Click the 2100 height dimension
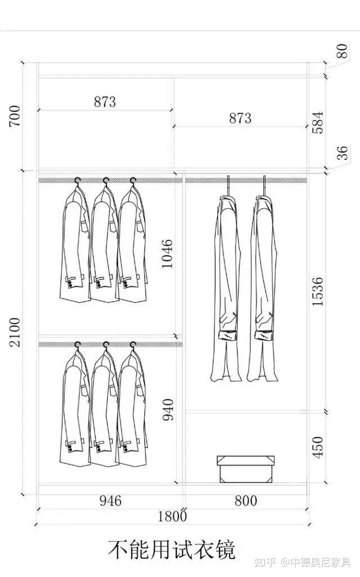[x=15, y=332]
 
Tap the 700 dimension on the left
[x=15, y=116]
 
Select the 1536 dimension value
[x=317, y=292]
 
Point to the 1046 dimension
[x=167, y=253]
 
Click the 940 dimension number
[x=168, y=409]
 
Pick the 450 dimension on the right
[x=317, y=448]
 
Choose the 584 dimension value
[x=317, y=123]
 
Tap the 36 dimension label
[x=343, y=153]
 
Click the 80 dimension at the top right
[x=342, y=51]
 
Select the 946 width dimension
[x=110, y=500]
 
